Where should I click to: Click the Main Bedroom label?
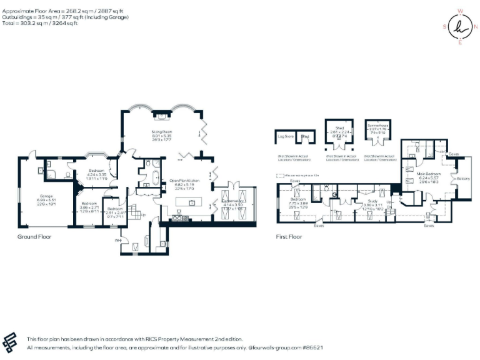[429, 173]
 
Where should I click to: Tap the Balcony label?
[463, 178]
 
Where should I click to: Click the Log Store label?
[286, 137]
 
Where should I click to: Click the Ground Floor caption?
[35, 237]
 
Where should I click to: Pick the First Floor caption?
[289, 237]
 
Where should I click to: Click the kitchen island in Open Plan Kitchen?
[191, 202]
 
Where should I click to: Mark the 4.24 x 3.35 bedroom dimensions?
[96, 174]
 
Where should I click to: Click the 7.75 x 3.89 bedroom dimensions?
[299, 204]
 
